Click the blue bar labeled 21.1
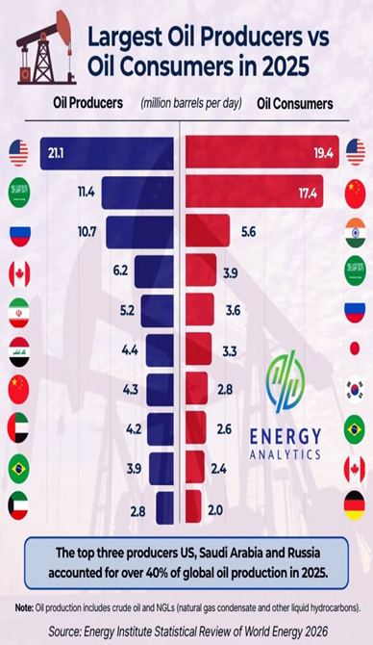[107, 153]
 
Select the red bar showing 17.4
[255, 192]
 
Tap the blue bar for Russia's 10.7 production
[139, 232]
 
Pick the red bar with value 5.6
[208, 231]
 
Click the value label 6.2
[120, 271]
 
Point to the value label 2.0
[215, 510]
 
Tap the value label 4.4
[130, 350]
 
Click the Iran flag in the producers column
[19, 313]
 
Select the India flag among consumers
[356, 233]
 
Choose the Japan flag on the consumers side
[355, 348]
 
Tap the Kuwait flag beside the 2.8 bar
[18, 505]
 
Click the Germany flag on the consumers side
[355, 505]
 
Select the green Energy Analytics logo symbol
[286, 381]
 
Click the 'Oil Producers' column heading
[87, 102]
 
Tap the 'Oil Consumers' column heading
[295, 103]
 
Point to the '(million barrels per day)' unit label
[191, 103]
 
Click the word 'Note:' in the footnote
[24, 607]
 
